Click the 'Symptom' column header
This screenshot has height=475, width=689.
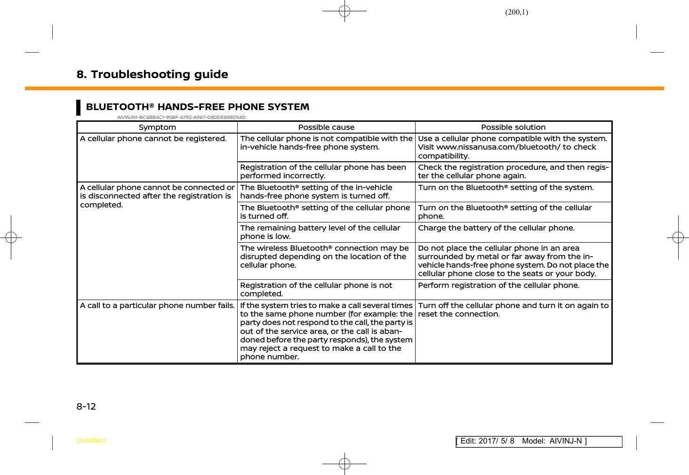[x=157, y=127]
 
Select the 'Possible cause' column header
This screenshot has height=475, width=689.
[x=326, y=127]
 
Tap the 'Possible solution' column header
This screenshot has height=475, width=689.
[x=513, y=127]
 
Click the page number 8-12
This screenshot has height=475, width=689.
[x=86, y=407]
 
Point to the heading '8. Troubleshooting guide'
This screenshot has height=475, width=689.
[x=152, y=74]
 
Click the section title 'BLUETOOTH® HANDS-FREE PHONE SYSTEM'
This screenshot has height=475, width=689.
[x=198, y=107]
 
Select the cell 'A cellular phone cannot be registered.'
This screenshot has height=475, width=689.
[x=153, y=139]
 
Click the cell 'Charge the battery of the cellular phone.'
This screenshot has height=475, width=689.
[x=496, y=228]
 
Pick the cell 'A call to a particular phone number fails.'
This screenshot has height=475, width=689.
[x=157, y=306]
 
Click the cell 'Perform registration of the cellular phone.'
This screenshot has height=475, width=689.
[x=498, y=285]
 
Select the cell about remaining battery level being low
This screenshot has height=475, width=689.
[x=320, y=232]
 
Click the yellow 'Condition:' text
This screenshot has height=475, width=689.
[x=91, y=441]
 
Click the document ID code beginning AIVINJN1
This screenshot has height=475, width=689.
[x=181, y=118]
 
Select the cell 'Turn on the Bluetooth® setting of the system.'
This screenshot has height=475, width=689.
[x=506, y=188]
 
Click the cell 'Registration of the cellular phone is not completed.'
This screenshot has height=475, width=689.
[x=316, y=290]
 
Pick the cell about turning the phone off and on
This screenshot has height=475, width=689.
[x=513, y=310]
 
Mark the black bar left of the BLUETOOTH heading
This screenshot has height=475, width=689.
[x=79, y=107]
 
